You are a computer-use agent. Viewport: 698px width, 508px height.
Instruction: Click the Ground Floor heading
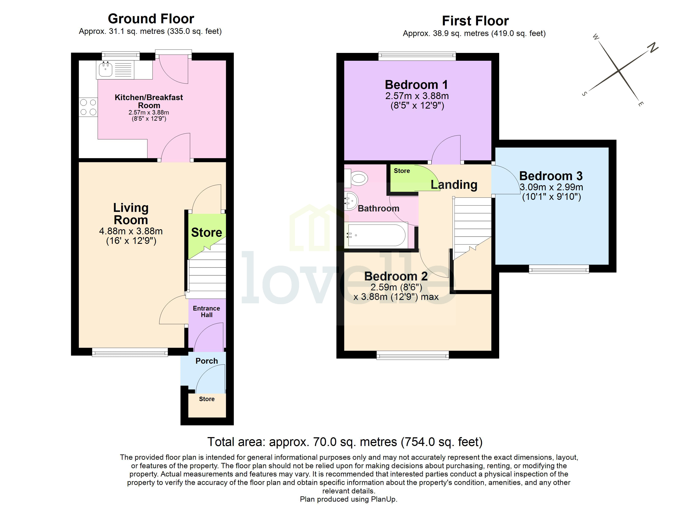(151, 19)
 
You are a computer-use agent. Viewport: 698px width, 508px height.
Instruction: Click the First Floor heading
(475, 21)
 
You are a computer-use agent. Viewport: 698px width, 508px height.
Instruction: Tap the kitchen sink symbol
(105, 69)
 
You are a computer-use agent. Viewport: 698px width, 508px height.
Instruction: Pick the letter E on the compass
(640, 104)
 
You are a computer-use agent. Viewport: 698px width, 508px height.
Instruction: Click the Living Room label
(131, 214)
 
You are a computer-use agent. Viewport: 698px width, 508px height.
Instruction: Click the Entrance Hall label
(206, 311)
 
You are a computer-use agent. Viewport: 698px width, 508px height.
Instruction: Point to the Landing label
(454, 185)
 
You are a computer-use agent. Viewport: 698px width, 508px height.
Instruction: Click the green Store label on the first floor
(402, 171)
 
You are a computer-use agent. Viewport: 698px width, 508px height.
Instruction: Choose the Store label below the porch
(206, 399)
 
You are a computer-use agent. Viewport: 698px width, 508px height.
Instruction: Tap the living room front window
(130, 352)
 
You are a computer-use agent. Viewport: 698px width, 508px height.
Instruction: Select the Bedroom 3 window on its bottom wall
(559, 269)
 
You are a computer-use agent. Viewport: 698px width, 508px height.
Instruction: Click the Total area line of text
(345, 442)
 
